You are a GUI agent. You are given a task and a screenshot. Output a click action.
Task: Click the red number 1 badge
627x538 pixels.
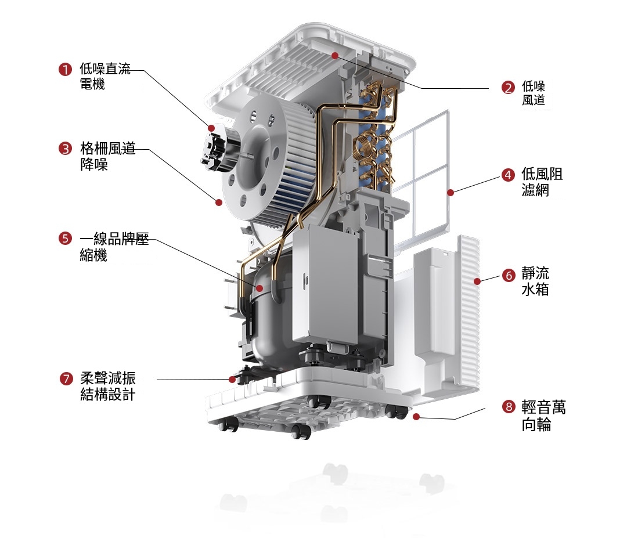(65, 69)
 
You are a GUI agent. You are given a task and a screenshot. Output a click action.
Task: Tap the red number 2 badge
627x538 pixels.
(508, 88)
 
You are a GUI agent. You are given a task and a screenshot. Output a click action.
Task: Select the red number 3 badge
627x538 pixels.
(65, 149)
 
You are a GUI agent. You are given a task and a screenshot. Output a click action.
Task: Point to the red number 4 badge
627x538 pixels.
(508, 175)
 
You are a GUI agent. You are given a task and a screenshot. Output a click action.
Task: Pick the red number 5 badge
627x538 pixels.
(65, 239)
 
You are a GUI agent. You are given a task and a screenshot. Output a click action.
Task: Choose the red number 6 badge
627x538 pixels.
(509, 276)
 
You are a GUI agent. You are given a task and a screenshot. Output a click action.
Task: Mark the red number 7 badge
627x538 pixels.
(66, 378)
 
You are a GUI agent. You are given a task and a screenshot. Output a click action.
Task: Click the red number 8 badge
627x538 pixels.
(509, 407)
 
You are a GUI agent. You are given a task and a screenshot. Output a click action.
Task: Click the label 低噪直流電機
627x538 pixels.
(105, 76)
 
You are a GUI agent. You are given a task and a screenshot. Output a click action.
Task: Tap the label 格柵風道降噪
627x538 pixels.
(107, 156)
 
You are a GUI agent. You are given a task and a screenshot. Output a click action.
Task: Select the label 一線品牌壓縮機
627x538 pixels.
(114, 247)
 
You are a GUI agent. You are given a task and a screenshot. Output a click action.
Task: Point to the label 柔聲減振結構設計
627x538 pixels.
(107, 386)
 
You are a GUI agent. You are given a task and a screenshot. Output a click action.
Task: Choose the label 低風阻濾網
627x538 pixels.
(542, 182)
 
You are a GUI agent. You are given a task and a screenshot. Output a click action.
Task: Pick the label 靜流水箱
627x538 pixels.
(535, 281)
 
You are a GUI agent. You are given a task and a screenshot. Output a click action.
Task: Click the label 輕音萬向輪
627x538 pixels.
(543, 416)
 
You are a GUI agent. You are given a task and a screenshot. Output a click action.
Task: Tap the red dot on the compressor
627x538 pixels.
(260, 288)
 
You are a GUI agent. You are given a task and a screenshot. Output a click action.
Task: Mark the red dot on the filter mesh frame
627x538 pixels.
(451, 193)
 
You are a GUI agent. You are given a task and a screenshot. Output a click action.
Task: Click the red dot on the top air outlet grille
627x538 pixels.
(335, 56)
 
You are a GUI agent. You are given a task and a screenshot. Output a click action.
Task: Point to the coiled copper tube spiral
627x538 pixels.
(365, 145)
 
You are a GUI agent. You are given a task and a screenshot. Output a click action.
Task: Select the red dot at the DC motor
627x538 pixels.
(211, 128)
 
